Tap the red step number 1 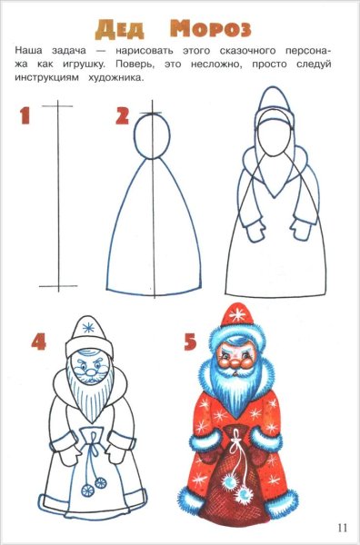tap(25, 117)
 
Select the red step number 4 tap(38, 342)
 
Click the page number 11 tap(342, 527)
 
